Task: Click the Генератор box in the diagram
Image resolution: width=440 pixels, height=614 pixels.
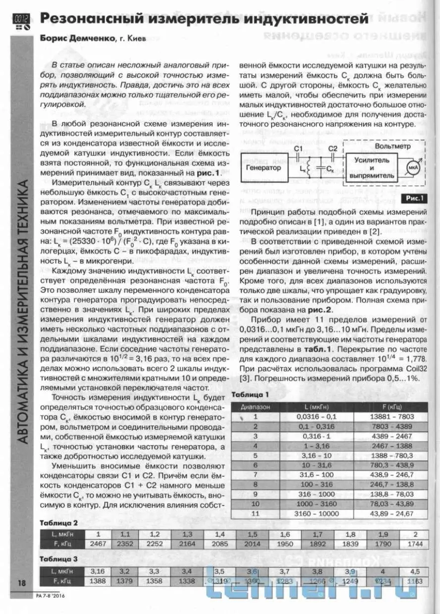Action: pyautogui.click(x=264, y=167)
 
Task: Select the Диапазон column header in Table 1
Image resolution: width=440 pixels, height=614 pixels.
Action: pyautogui.click(x=256, y=406)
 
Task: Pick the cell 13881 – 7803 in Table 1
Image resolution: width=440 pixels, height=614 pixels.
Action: pyautogui.click(x=392, y=416)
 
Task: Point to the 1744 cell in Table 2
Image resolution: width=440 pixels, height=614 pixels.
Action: pyautogui.click(x=415, y=544)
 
